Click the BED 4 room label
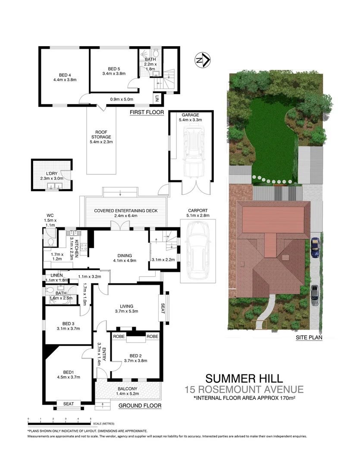pos(65,75)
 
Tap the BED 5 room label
pos(114,69)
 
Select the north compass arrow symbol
pos(203,60)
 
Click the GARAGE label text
pos(191,115)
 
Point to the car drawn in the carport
pos(197,252)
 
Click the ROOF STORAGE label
pos(101,135)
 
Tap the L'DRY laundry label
pos(52,173)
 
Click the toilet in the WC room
pos(50,242)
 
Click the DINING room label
pos(125,255)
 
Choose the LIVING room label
pos(126,306)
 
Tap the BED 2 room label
pos(135,356)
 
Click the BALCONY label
pos(128,389)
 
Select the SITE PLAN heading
pos(309,337)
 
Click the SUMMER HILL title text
pos(244,379)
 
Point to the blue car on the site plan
pos(315,248)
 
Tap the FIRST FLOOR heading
pos(147,112)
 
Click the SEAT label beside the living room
pos(163,308)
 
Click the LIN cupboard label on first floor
pos(157,98)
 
